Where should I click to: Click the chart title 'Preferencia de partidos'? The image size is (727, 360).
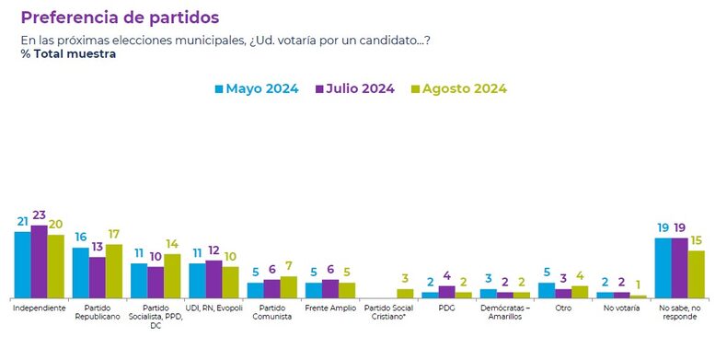tap(120, 17)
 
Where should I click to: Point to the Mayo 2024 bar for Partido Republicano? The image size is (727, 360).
tap(80, 272)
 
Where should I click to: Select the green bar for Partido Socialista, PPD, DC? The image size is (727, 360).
tap(172, 275)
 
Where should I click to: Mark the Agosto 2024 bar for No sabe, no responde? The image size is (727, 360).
tap(696, 273)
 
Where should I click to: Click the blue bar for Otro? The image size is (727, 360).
tap(547, 289)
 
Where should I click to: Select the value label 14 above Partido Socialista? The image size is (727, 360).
tap(172, 245)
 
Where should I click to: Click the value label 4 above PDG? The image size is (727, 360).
tap(446, 276)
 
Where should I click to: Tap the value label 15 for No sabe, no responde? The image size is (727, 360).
tap(697, 240)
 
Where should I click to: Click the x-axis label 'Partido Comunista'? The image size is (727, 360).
tap(271, 311)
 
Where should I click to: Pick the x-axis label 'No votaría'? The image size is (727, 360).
tap(621, 307)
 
